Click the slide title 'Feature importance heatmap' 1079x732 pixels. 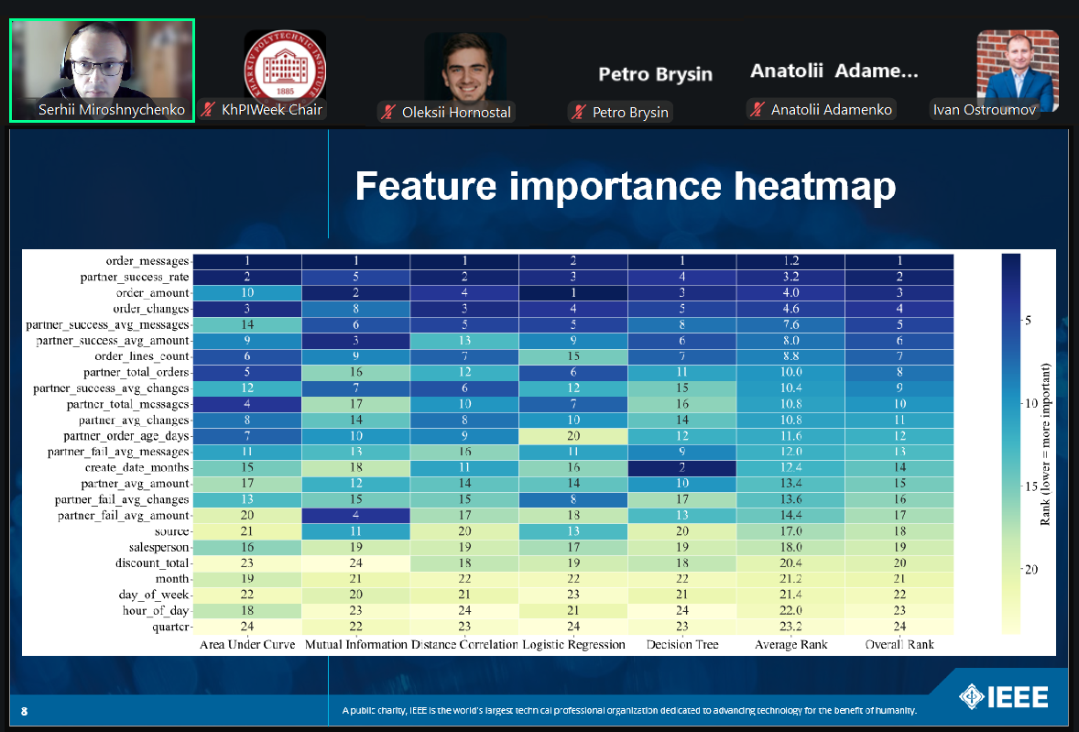tap(625, 186)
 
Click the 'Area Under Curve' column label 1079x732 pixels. tap(247, 644)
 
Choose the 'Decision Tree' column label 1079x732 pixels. tap(681, 644)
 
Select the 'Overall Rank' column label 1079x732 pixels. tap(899, 644)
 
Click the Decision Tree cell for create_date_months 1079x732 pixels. tap(681, 467)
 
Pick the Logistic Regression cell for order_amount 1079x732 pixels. tap(573, 293)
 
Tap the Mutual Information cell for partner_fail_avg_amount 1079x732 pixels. tap(355, 515)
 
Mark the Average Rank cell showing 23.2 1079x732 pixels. tap(790, 627)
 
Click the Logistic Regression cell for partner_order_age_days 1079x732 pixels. tap(573, 436)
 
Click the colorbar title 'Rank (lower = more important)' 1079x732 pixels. tap(1045, 444)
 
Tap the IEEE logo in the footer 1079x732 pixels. tap(1003, 697)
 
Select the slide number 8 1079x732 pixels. tap(25, 711)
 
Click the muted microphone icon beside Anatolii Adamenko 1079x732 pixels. tap(757, 110)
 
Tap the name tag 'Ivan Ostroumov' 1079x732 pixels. tap(986, 110)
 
